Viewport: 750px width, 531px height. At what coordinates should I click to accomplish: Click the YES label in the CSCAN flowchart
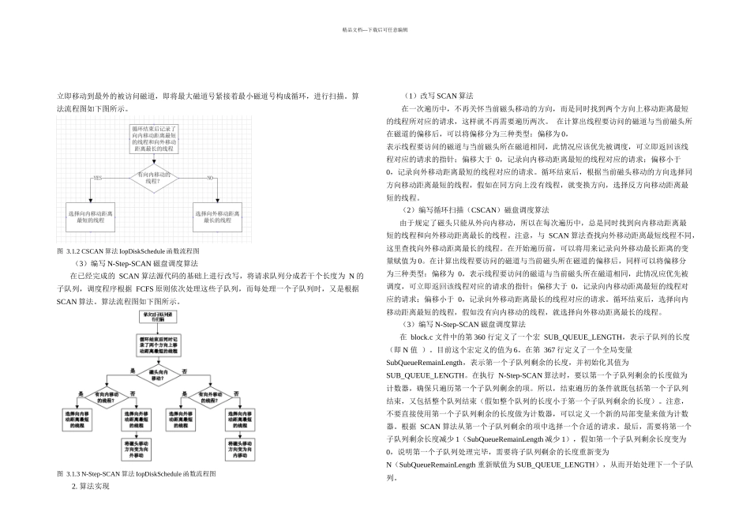(x=98, y=178)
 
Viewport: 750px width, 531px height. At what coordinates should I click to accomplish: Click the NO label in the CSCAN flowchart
(x=210, y=178)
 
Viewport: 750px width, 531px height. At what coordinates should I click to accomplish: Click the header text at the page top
(x=374, y=29)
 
